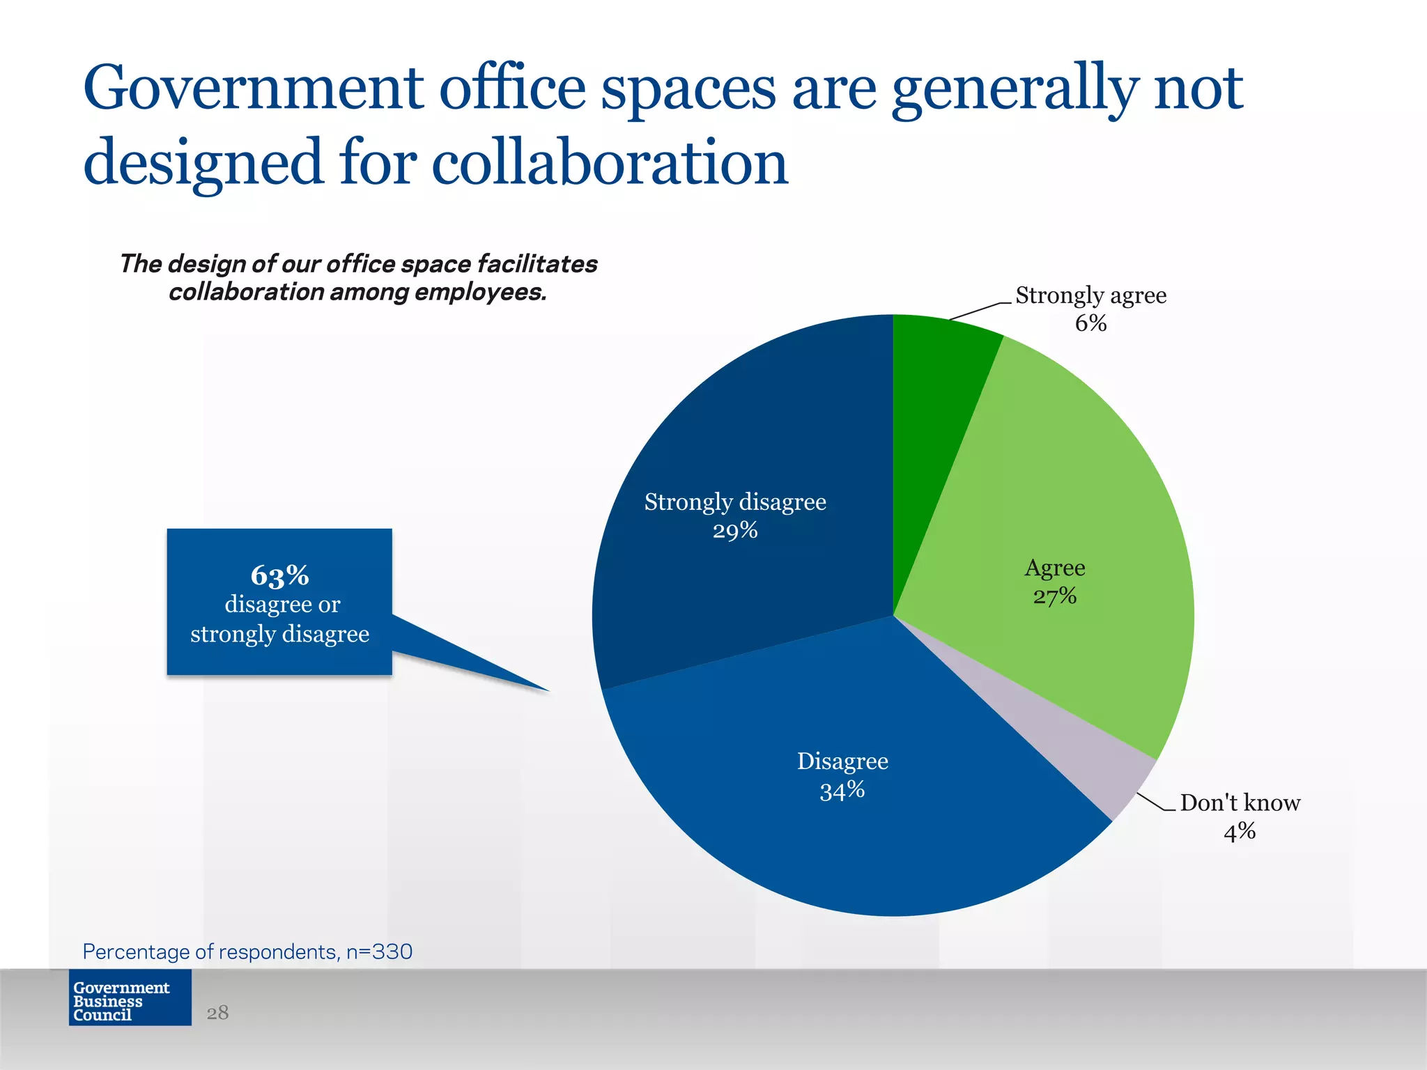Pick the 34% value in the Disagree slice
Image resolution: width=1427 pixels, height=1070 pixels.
(842, 791)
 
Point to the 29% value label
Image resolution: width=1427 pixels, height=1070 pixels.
(735, 531)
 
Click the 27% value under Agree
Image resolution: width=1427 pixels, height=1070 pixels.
(1054, 596)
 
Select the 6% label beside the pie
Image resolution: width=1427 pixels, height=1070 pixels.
(1090, 323)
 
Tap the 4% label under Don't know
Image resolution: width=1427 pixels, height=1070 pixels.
(1239, 831)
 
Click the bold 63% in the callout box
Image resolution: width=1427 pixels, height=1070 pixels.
(279, 575)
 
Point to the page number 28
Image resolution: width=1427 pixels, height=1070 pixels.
(217, 1012)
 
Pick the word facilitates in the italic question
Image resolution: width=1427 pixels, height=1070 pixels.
(537, 264)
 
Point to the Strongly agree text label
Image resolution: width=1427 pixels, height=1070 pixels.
(1090, 295)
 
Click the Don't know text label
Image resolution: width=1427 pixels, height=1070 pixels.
(1240, 802)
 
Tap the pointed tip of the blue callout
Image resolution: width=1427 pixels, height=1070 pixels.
(547, 690)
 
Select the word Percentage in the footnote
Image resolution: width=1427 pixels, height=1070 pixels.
(136, 952)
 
